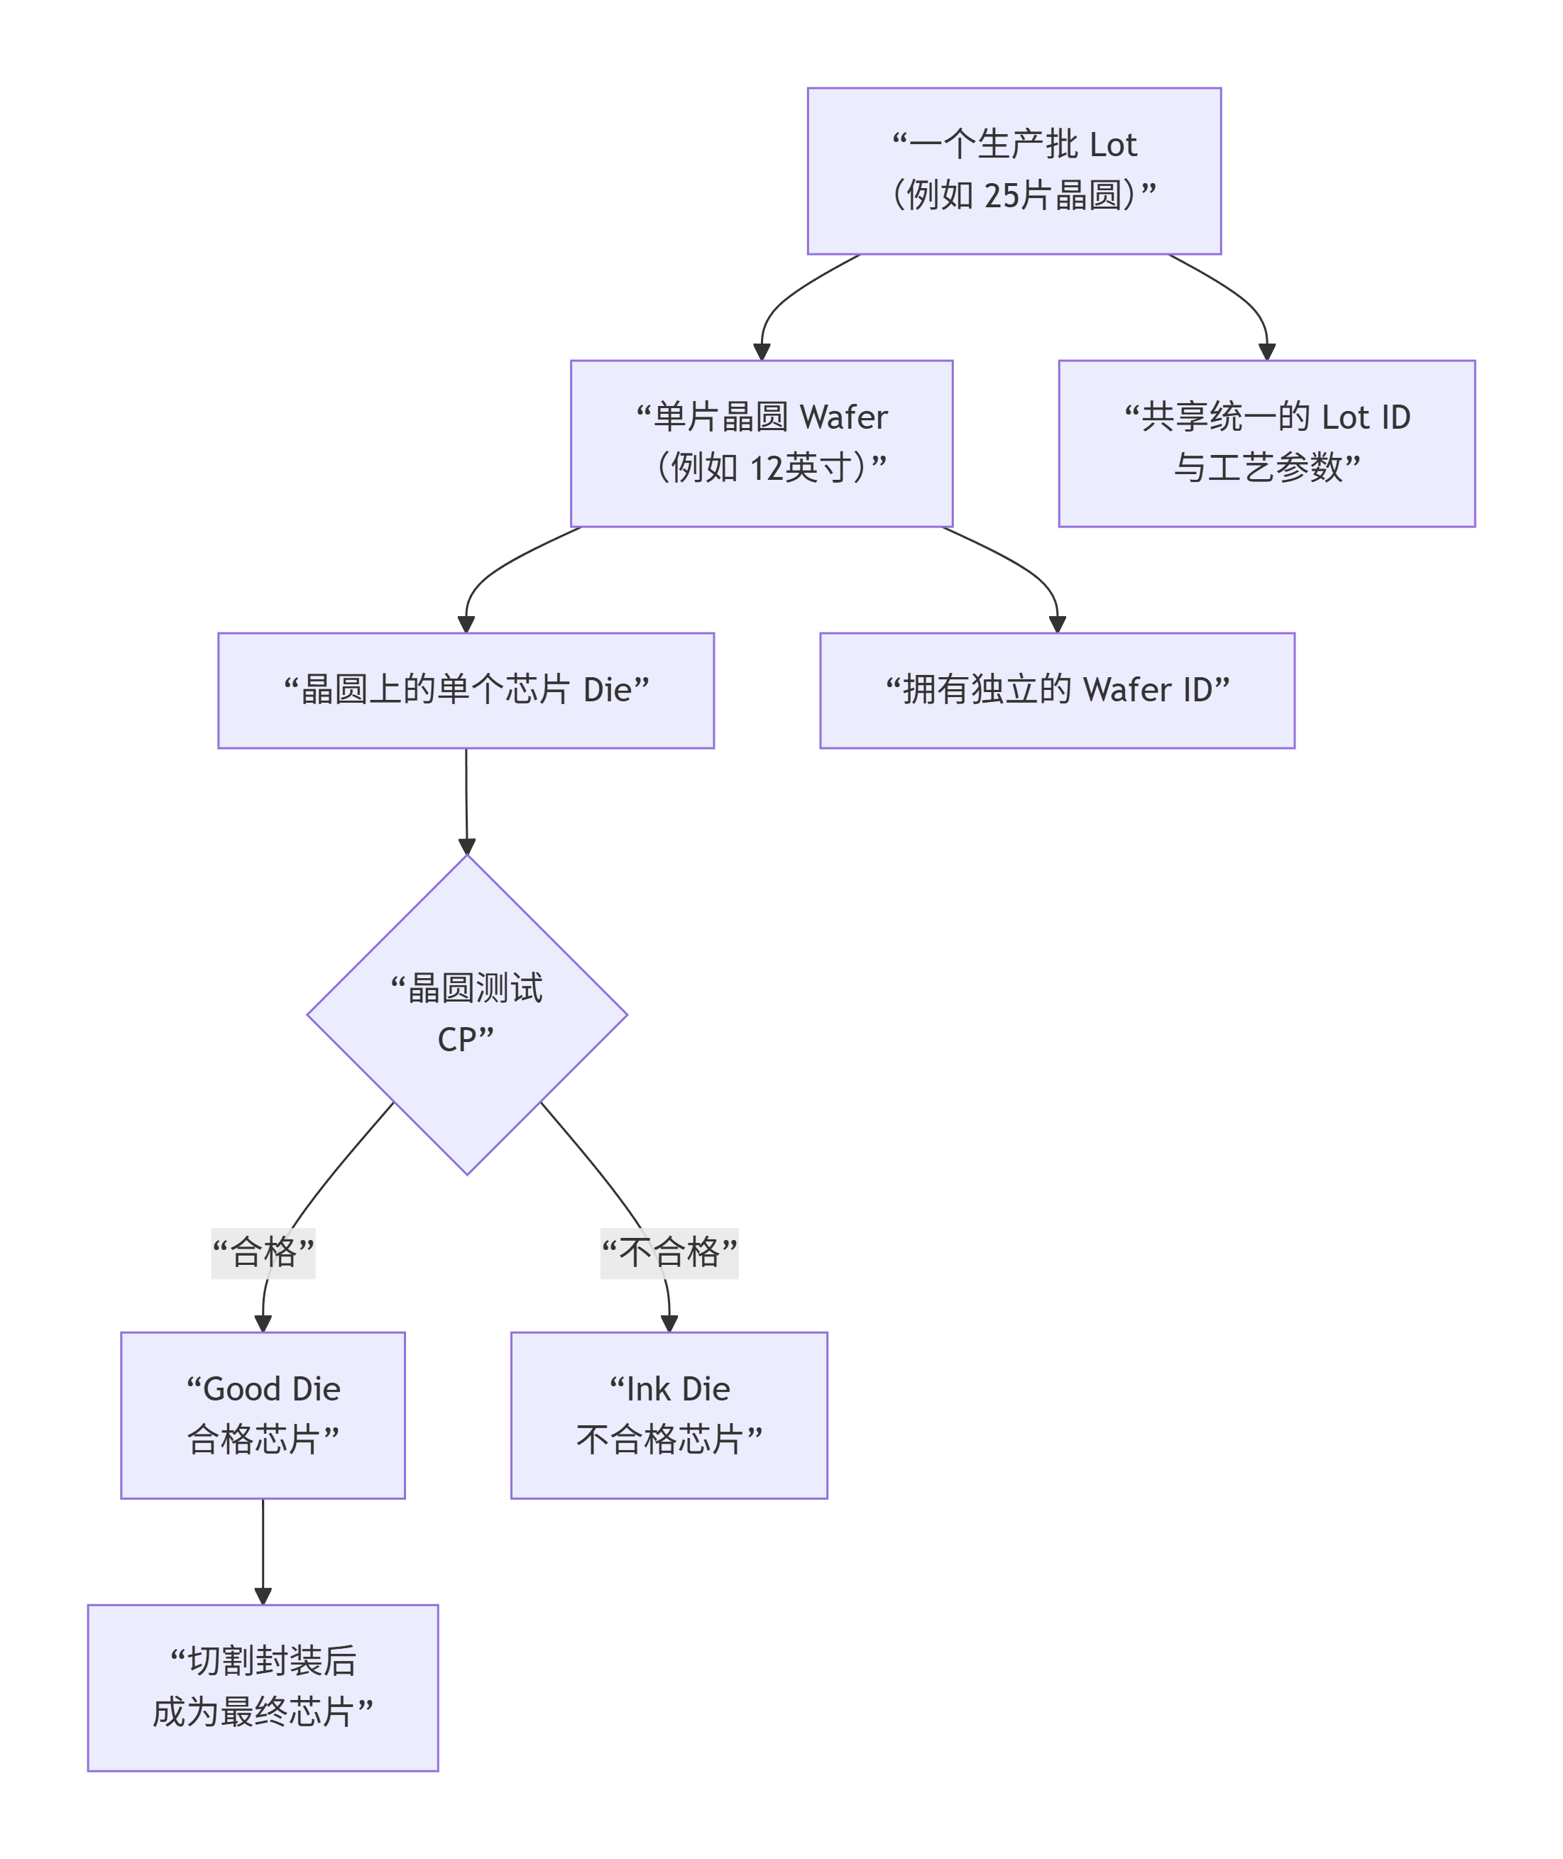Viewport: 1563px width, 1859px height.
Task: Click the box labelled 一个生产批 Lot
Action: tap(1014, 171)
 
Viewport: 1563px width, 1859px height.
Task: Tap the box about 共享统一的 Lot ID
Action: tap(1266, 443)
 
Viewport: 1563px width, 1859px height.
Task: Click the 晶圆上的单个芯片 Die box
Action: tap(466, 690)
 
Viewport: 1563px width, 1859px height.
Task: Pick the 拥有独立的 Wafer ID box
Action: tap(1057, 690)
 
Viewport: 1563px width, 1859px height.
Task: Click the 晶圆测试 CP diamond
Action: tap(467, 1014)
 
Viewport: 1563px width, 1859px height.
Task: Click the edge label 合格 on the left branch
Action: tap(263, 1253)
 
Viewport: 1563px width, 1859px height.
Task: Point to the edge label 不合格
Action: tap(669, 1253)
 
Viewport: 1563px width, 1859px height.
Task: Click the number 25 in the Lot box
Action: tap(1002, 196)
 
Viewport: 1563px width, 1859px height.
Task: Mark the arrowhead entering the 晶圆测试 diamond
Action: tap(467, 846)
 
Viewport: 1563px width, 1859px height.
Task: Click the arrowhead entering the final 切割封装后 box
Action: tap(263, 1596)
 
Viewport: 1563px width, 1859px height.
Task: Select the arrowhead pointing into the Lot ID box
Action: tap(1267, 352)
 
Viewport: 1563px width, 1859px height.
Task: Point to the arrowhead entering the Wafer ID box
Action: tap(1057, 624)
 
